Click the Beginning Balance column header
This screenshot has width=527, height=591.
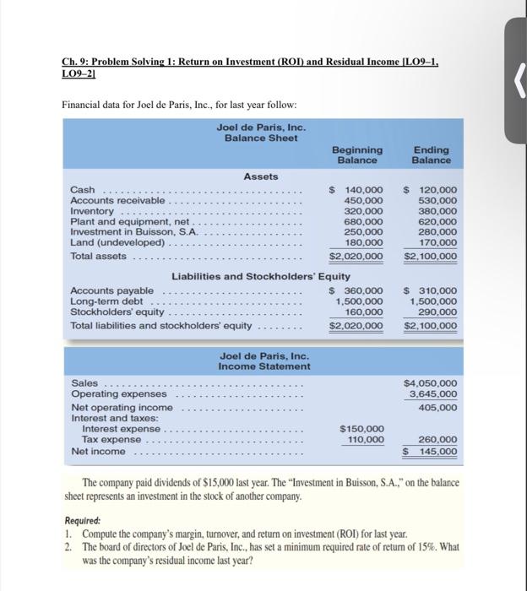(359, 155)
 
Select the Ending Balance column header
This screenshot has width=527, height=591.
(432, 155)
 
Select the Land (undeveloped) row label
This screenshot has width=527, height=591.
(117, 242)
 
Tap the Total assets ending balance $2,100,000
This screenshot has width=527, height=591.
(431, 256)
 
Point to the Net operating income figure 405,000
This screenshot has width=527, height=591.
(437, 407)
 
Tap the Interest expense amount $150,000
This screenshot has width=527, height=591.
(361, 429)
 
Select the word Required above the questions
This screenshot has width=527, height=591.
(83, 522)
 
